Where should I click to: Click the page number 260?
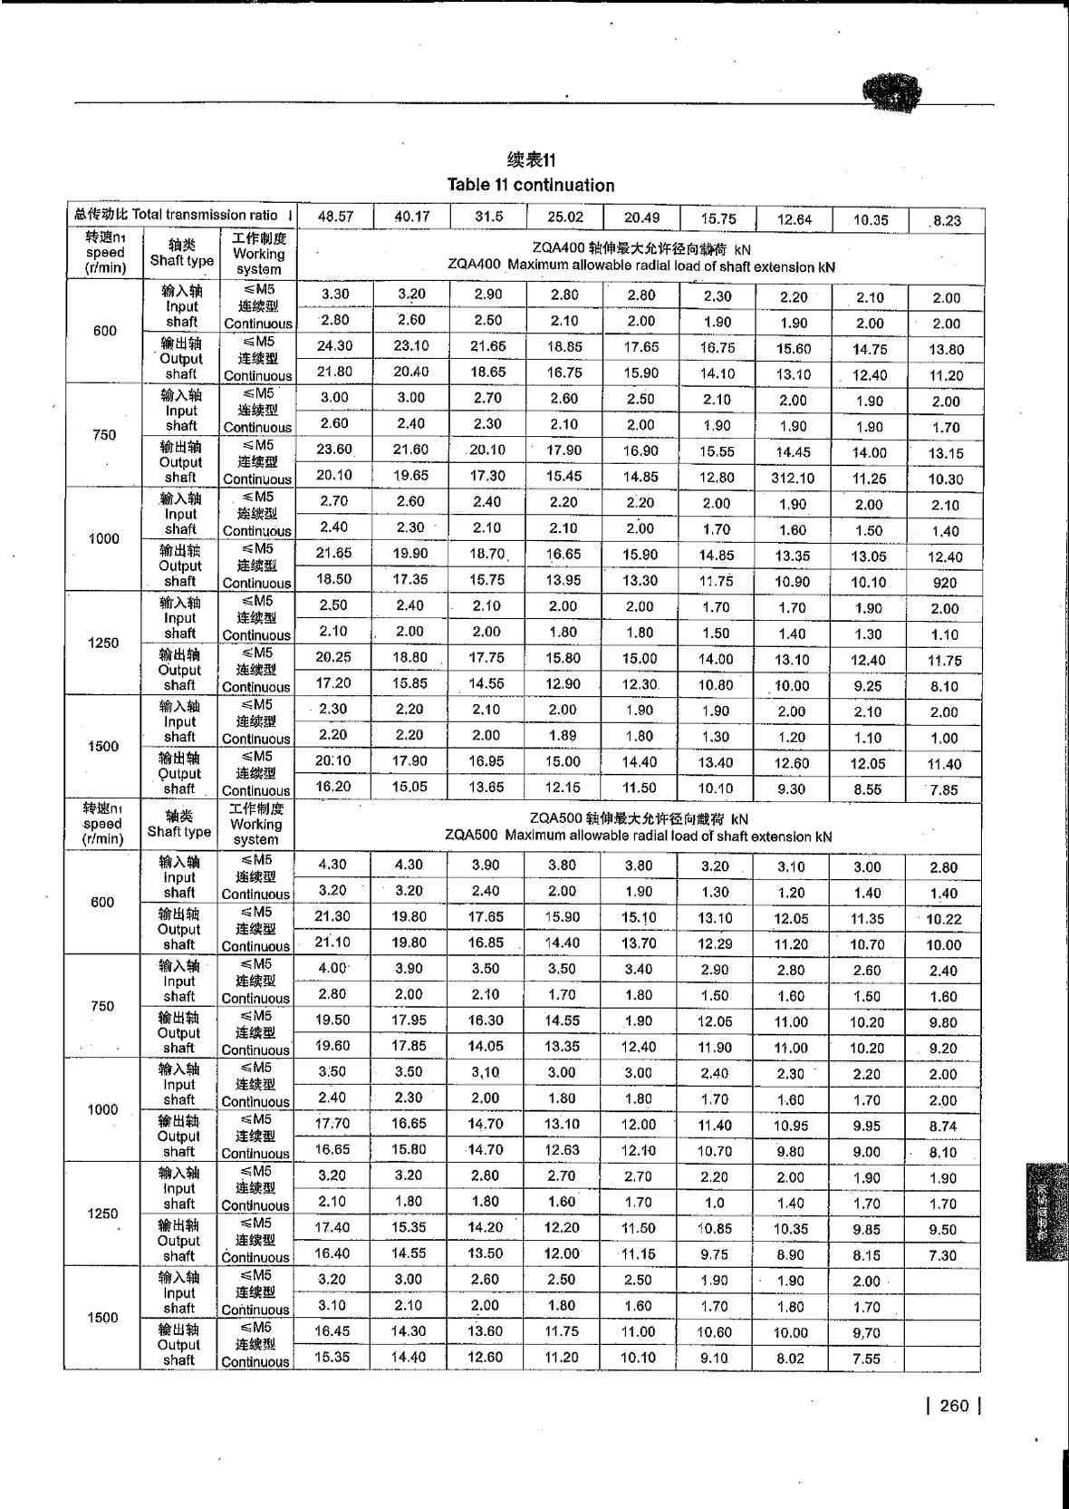coord(954,1406)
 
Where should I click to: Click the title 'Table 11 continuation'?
coord(531,185)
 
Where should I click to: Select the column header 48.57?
coord(335,218)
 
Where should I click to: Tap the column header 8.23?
coord(947,220)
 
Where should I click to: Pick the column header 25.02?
coord(564,218)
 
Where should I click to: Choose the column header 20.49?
coord(641,218)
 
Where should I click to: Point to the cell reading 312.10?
coord(792,478)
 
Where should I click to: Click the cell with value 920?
coord(945,583)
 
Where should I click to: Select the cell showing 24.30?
coord(335,346)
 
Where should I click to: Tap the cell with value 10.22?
coord(944,919)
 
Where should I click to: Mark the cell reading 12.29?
coord(715,943)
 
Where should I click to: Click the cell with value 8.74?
coord(943,1127)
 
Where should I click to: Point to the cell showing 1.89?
coord(563,736)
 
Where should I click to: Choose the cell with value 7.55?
coord(867,1359)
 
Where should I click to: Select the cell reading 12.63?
coord(562,1150)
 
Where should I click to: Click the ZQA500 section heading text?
coord(639,827)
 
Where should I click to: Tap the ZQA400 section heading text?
coord(641,257)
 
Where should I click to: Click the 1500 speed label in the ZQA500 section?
coord(102,1318)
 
